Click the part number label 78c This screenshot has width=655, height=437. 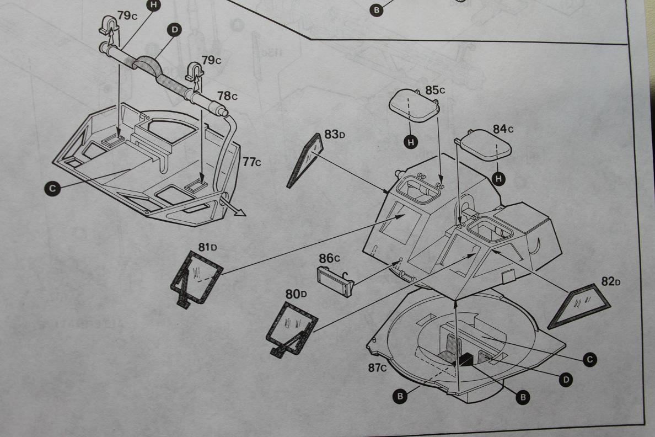point(227,96)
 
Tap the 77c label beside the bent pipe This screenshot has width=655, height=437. point(251,162)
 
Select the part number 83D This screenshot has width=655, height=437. point(335,134)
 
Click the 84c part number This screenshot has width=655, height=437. point(503,129)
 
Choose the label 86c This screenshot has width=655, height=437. point(330,258)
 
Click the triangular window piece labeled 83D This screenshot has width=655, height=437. point(305,161)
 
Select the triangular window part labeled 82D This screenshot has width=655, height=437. point(579,306)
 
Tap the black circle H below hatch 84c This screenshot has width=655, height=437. point(499,178)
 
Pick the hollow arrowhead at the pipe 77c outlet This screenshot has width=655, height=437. point(238,212)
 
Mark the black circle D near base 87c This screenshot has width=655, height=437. point(566,380)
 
